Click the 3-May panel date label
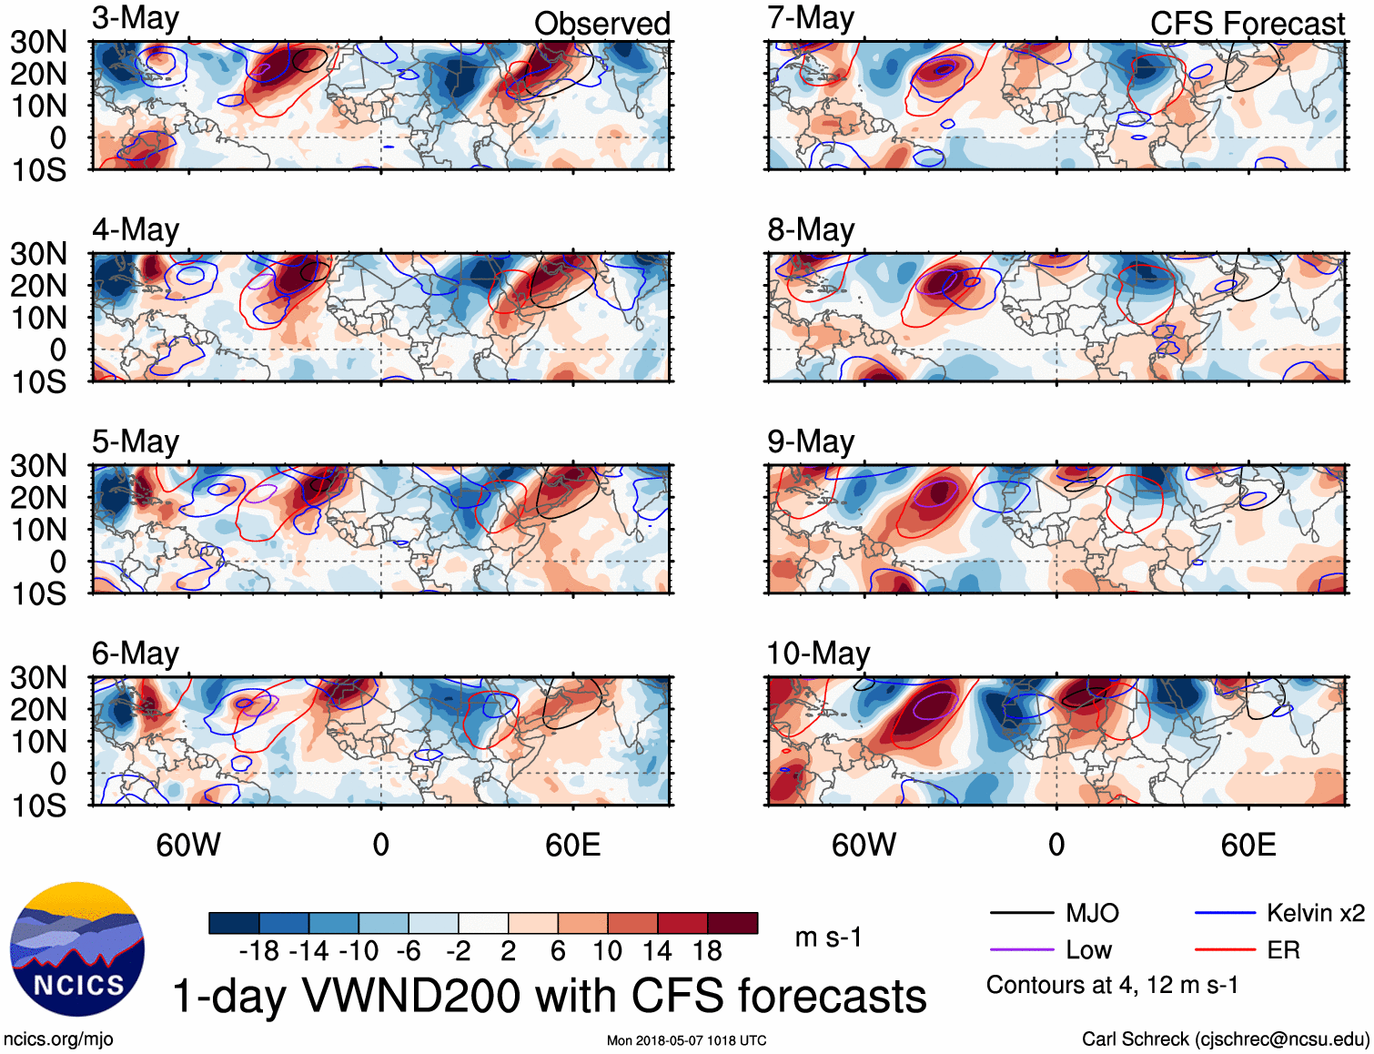(136, 19)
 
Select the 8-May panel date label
(811, 230)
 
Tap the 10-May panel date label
(818, 654)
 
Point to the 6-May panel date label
(136, 654)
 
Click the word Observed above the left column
(601, 24)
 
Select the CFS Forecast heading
(1247, 24)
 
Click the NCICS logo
(77, 949)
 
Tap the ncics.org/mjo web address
(58, 1039)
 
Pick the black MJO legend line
(1021, 913)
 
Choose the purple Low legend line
(1021, 950)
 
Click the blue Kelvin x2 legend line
(1225, 913)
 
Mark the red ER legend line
(1225, 950)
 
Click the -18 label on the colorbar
(259, 951)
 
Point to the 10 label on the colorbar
(607, 951)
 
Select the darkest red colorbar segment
(732, 923)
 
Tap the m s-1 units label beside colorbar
(828, 937)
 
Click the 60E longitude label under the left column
(572, 846)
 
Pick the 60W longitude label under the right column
(864, 846)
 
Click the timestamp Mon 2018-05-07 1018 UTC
(686, 1040)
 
